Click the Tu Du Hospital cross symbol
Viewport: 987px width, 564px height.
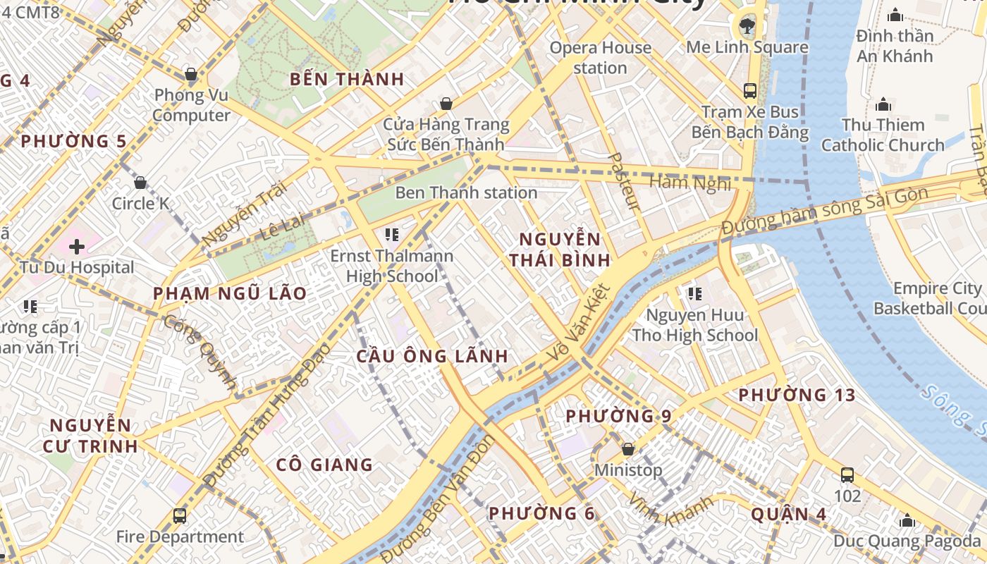(77, 246)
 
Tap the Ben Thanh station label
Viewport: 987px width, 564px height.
(466, 192)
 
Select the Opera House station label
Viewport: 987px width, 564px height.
(600, 58)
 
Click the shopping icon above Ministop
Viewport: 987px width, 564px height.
(627, 449)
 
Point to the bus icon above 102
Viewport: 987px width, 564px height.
(847, 475)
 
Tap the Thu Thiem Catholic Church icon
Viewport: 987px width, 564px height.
(883, 105)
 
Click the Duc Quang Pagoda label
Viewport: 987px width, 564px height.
(907, 541)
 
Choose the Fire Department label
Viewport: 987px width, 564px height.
(180, 537)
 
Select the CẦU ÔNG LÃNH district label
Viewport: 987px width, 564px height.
(433, 356)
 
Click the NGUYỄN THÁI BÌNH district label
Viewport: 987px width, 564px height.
(560, 249)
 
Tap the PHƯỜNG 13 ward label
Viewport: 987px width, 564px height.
(797, 396)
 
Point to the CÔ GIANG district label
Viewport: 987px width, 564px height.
(324, 465)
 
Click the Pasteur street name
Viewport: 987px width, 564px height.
(624, 182)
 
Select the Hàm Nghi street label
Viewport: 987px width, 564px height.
(689, 183)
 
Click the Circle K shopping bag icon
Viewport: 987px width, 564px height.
(140, 183)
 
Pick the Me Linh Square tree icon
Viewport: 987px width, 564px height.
(747, 27)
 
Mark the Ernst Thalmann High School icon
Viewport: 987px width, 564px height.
(392, 234)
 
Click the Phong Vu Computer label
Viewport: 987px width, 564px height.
(191, 105)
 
